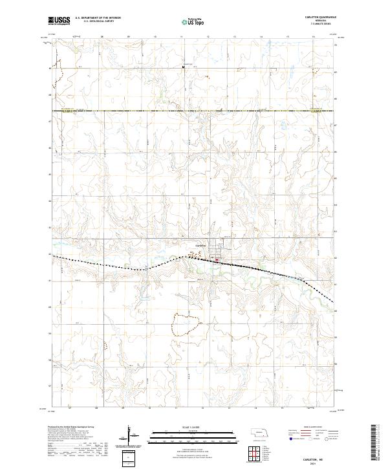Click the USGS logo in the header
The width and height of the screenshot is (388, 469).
[x=59, y=21]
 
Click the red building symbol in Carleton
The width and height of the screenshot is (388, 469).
[x=216, y=261]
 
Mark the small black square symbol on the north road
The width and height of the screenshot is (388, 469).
[x=184, y=66]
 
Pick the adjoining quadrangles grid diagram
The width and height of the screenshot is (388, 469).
[x=250, y=455]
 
